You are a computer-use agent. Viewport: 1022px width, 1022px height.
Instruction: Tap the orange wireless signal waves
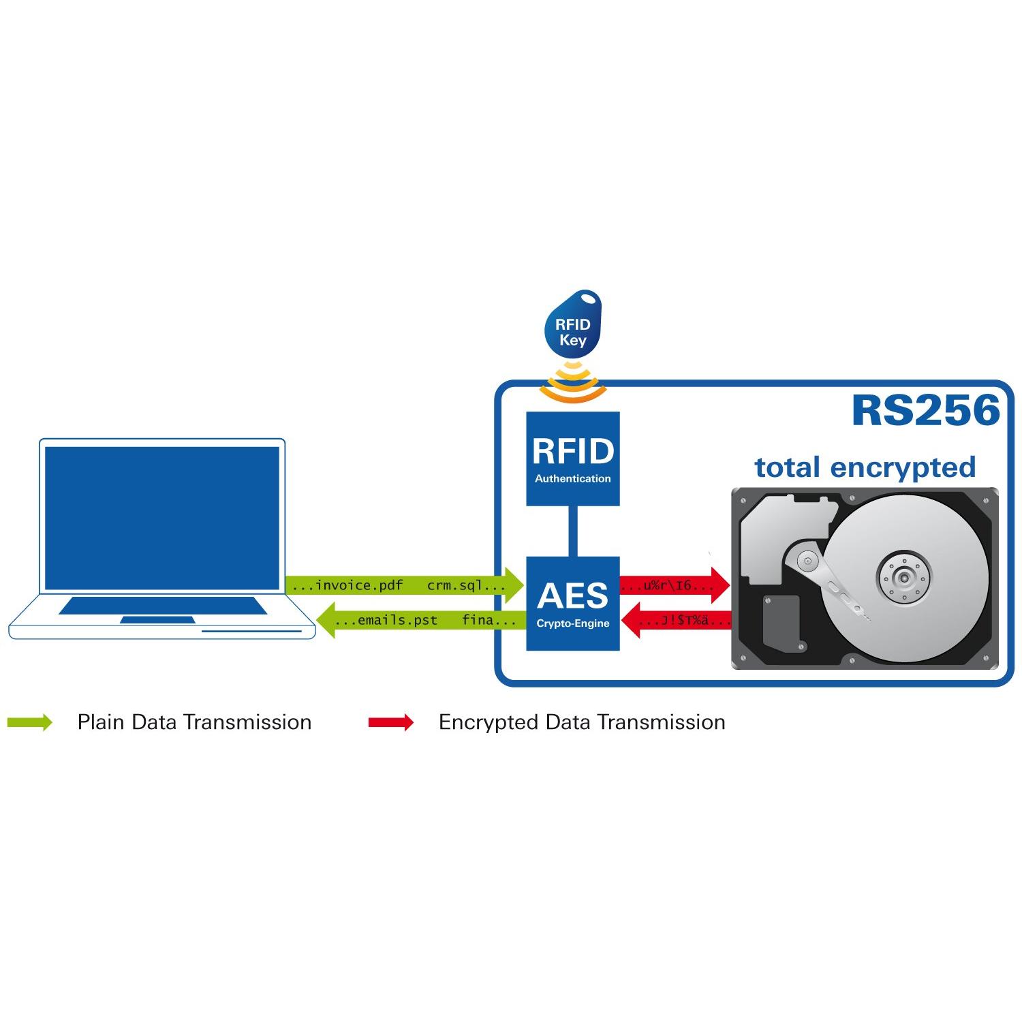[x=573, y=385]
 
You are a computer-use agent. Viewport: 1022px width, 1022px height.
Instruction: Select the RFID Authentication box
[x=573, y=459]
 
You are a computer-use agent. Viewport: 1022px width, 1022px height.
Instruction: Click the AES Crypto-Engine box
[x=573, y=603]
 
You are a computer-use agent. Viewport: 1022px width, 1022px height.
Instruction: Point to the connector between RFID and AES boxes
[x=573, y=531]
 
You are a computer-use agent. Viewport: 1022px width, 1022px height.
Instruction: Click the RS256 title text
[x=925, y=411]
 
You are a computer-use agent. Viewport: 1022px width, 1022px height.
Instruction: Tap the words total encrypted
[x=865, y=467]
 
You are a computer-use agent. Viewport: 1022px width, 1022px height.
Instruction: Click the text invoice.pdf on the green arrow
[x=359, y=585]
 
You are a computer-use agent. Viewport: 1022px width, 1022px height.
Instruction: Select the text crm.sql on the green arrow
[x=454, y=585]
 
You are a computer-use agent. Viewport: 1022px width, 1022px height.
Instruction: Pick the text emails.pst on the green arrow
[x=397, y=621]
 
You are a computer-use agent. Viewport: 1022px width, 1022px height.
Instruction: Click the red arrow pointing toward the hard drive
[x=675, y=585]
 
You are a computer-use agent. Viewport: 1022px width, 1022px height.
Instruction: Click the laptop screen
[x=162, y=518]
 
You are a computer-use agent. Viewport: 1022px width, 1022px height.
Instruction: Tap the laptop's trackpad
[x=157, y=620]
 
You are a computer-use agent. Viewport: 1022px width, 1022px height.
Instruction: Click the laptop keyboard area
[x=162, y=605]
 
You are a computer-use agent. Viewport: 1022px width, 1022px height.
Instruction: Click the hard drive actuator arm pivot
[x=808, y=561]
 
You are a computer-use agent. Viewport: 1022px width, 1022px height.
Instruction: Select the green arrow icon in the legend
[x=30, y=722]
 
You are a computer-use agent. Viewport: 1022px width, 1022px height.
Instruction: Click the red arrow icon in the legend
[x=391, y=722]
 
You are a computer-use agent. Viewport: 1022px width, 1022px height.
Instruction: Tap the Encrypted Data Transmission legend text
[x=582, y=722]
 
